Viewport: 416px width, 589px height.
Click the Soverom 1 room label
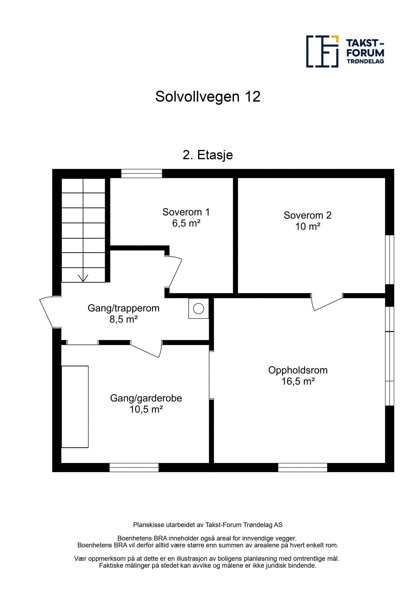pos(186,212)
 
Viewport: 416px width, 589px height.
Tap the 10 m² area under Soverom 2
pos(307,227)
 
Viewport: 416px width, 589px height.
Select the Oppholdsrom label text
pos(298,370)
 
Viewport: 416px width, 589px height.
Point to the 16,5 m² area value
pos(298,382)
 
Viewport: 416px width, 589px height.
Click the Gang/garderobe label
pos(146,398)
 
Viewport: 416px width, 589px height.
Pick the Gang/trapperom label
pos(123,308)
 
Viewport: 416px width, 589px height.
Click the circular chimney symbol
pos(198,309)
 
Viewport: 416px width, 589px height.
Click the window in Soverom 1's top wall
pos(141,174)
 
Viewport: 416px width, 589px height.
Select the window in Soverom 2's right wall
pos(389,259)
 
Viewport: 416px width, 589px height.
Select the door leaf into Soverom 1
pos(176,273)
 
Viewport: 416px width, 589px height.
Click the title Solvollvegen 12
pos(207,97)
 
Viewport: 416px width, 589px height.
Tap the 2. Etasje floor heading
pos(207,155)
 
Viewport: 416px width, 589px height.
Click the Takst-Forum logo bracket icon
pos(322,52)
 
